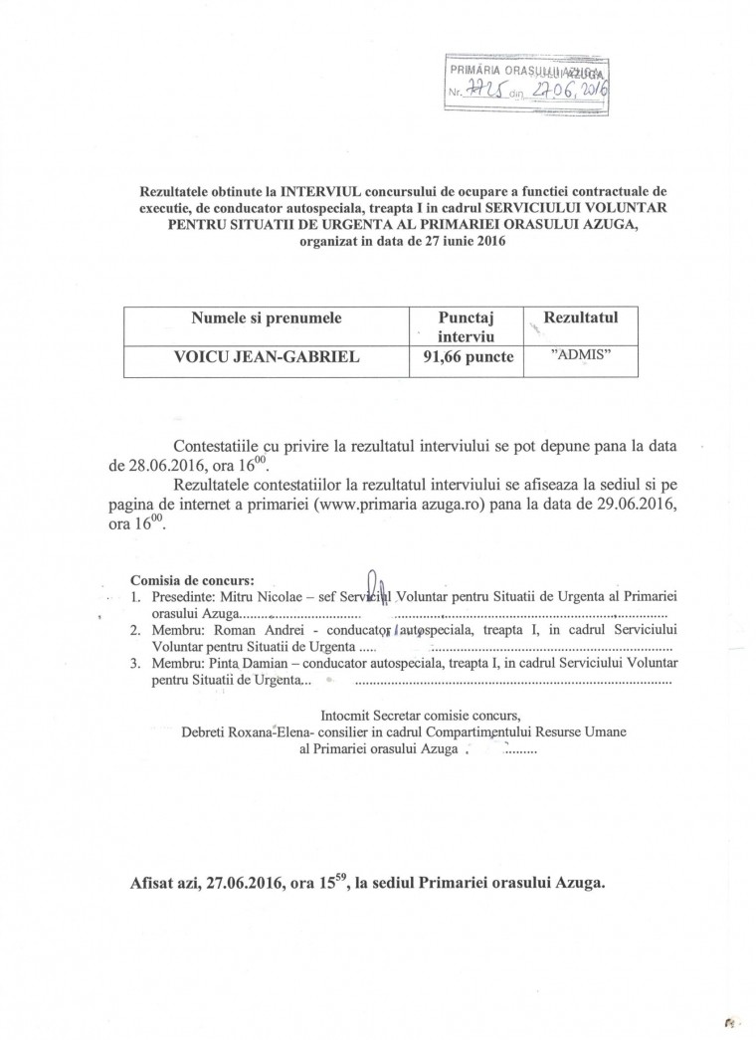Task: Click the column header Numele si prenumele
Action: click(x=266, y=318)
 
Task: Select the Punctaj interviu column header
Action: click(x=468, y=327)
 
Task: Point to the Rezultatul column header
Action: click(x=583, y=317)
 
